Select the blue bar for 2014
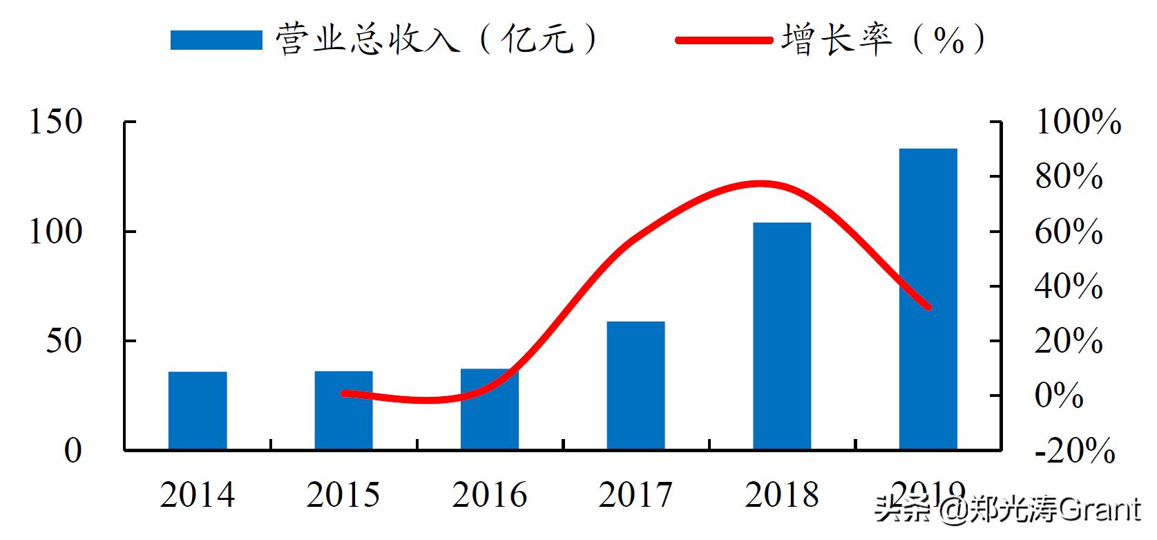click(198, 411)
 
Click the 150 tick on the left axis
click(55, 122)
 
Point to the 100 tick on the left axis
click(55, 232)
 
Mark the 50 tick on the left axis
click(64, 342)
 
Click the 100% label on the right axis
click(1078, 122)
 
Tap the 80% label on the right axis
click(1069, 177)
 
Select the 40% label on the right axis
click(1069, 286)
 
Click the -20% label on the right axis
click(1075, 451)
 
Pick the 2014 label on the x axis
click(198, 495)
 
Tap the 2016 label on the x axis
click(490, 495)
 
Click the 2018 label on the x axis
click(782, 495)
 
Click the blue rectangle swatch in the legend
click(216, 40)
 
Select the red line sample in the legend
click(723, 40)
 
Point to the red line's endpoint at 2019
click(928, 306)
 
